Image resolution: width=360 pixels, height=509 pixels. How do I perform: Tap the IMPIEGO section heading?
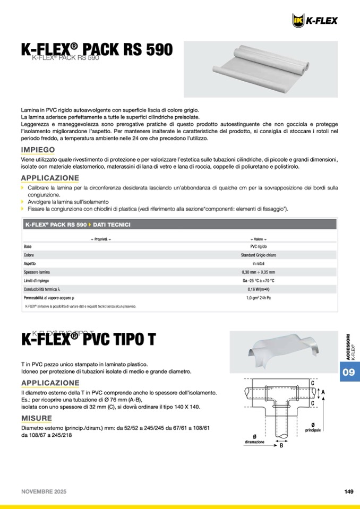point(38,150)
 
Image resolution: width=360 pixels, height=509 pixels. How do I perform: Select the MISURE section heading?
point(37,418)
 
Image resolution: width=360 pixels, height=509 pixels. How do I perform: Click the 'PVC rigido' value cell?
point(259,247)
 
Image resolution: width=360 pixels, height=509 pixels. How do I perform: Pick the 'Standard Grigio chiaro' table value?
point(259,255)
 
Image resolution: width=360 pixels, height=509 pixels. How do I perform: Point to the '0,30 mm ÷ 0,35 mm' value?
point(259,272)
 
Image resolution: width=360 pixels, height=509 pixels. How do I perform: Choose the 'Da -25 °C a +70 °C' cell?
point(259,281)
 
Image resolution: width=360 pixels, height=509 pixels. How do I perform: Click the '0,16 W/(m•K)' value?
point(259,289)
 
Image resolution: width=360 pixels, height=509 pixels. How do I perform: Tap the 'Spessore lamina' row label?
point(37,272)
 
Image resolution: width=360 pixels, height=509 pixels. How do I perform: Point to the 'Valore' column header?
point(259,239)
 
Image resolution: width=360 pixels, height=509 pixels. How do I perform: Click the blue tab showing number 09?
point(349,372)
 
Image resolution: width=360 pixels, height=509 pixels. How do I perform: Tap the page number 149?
point(349,491)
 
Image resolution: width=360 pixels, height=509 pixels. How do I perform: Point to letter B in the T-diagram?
point(281,446)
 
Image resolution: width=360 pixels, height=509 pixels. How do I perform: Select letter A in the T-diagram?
point(323,393)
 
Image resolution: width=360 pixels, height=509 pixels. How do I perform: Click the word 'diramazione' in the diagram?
point(255,442)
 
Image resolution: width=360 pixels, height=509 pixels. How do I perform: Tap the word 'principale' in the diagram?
point(313,429)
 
